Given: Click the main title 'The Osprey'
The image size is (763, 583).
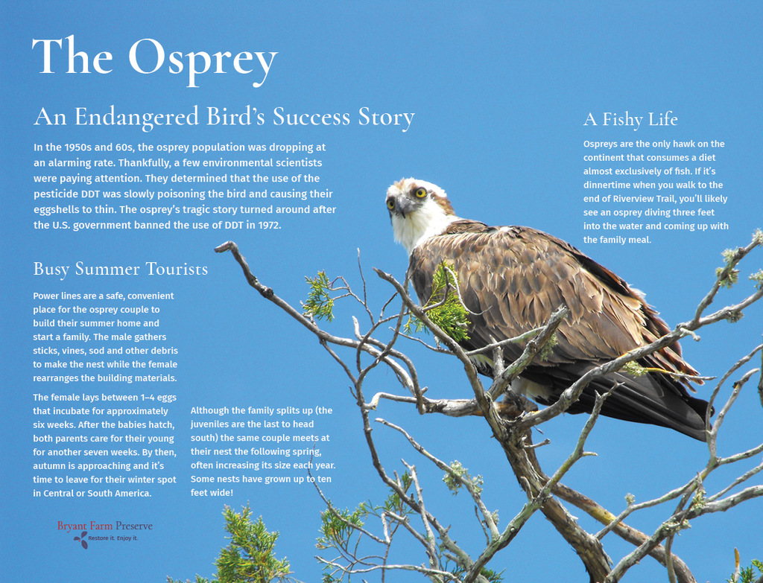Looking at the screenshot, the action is pos(155,60).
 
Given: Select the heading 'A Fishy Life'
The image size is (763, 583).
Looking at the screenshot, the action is pos(630,120).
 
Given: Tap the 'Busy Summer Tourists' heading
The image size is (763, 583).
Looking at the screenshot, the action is pos(120,270).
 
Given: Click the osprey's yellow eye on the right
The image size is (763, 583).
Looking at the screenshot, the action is pos(420,193).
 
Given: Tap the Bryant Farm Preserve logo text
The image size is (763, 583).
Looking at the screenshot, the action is pos(104,526).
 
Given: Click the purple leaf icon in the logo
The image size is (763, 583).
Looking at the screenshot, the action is pos(80,539).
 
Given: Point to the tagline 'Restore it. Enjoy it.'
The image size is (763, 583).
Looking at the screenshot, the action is pos(113,538).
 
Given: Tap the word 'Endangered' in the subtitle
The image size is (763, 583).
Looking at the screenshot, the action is pos(137,117).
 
